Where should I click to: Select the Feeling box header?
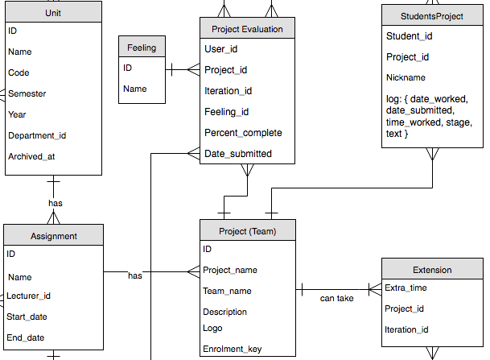tap(142, 48)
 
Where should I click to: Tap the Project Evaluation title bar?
tap(247, 29)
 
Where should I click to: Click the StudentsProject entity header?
tap(431, 15)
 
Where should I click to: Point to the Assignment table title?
tap(54, 235)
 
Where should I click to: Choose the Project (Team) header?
tap(247, 231)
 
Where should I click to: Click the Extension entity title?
tap(432, 269)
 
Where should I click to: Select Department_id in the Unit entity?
tap(37, 135)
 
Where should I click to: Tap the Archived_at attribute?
tap(31, 156)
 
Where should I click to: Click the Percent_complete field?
tap(243, 132)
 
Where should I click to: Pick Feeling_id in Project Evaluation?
tap(227, 111)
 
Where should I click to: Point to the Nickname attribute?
tap(406, 77)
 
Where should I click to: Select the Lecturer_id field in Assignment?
tap(30, 296)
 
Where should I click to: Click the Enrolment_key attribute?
tap(233, 349)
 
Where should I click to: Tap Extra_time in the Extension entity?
tap(406, 288)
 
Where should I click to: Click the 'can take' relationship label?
tap(336, 298)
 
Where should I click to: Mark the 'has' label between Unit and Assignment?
tap(56, 203)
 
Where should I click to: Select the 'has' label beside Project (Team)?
tap(135, 275)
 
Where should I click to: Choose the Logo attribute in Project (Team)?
tap(212, 328)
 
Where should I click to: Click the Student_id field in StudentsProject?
tap(410, 36)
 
